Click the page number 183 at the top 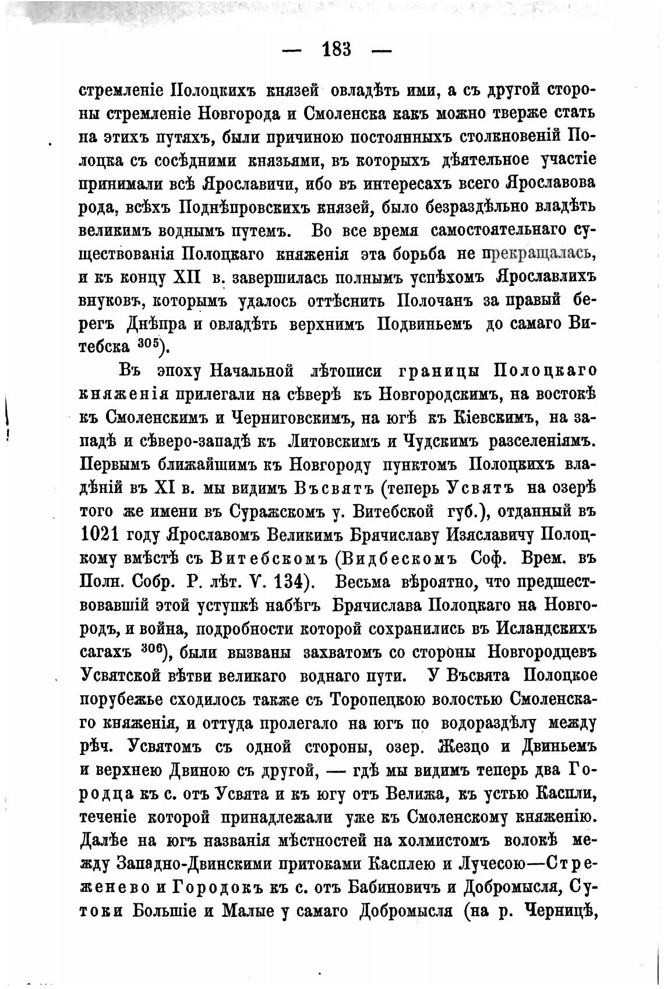click(336, 49)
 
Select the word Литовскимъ click(330, 440)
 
